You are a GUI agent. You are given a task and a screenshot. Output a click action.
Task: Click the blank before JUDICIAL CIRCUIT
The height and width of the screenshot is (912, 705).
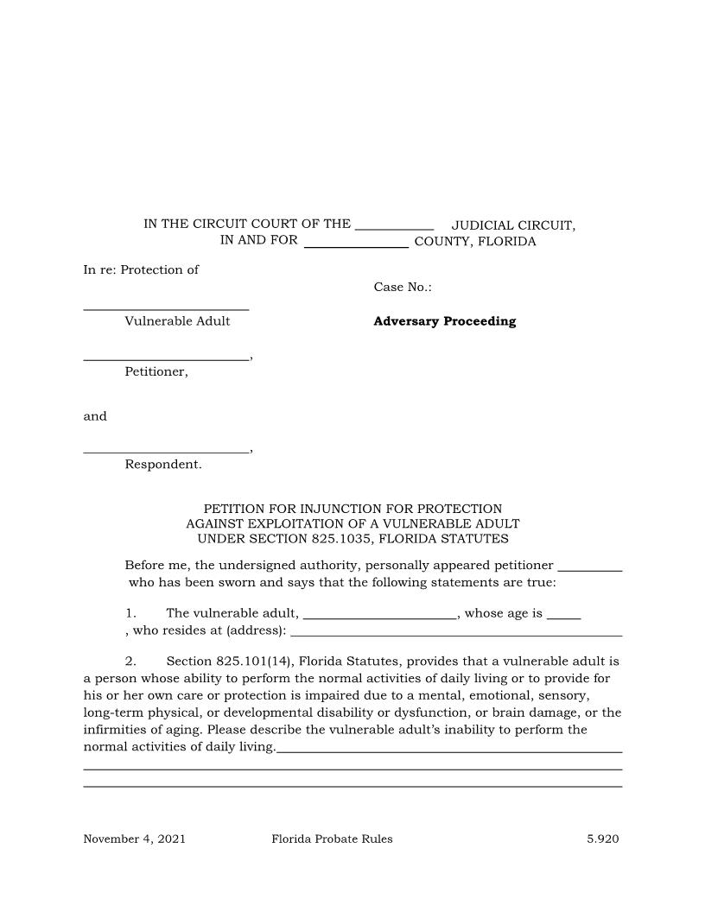pyautogui.click(x=394, y=226)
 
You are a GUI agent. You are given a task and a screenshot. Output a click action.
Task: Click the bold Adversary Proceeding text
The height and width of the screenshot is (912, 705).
pyautogui.click(x=444, y=321)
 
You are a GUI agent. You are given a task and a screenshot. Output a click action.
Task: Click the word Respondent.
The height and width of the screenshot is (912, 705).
pyautogui.click(x=162, y=465)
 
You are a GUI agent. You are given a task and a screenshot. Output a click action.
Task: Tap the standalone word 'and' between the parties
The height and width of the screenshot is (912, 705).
pyautogui.click(x=95, y=416)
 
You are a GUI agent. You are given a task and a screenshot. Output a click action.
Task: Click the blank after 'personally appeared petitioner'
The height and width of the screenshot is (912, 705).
pyautogui.click(x=590, y=568)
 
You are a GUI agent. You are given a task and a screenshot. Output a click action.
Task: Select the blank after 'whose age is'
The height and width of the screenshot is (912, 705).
pyautogui.click(x=563, y=617)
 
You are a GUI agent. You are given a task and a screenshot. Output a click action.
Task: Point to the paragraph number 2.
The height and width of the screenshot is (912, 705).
pyautogui.click(x=130, y=662)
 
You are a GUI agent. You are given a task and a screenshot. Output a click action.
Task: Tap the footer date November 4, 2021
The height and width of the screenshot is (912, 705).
pyautogui.click(x=134, y=839)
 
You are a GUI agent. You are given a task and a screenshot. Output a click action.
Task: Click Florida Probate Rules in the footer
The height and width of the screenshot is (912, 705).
pyautogui.click(x=332, y=839)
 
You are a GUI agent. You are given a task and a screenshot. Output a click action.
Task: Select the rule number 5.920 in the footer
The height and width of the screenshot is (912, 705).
pyautogui.click(x=603, y=839)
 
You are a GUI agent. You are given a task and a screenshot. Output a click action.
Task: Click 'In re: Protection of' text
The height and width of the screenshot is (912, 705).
pyautogui.click(x=141, y=269)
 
